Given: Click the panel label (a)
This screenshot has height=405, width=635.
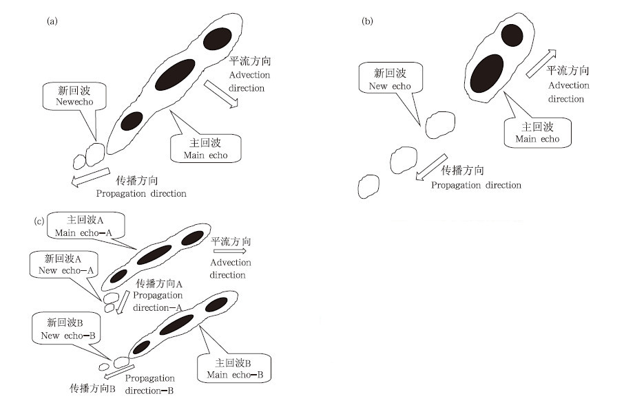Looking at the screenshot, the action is tap(51, 21).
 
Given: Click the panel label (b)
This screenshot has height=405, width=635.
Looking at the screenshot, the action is tap(368, 21).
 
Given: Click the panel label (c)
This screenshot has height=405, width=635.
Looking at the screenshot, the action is tap(40, 221).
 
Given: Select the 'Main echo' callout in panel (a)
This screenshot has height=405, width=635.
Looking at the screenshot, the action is tap(205, 149).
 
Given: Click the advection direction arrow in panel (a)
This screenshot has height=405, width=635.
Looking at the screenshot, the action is tap(221, 94).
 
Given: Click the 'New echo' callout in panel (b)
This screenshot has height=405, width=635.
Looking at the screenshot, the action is tap(385, 78).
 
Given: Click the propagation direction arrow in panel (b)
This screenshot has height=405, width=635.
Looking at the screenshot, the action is tap(430, 168).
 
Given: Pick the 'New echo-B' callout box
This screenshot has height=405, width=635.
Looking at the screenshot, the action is tap(63, 329).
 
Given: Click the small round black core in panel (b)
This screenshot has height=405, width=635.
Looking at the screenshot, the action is tap(512, 34).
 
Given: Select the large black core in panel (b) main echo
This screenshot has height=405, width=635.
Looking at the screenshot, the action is tap(487, 72).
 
